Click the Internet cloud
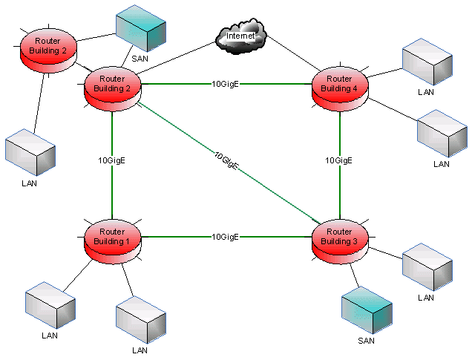click(x=242, y=37)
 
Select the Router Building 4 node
click(x=340, y=85)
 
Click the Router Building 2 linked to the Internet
click(x=112, y=85)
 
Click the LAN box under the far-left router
click(x=30, y=152)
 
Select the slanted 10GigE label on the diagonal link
click(x=226, y=161)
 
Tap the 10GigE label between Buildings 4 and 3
click(x=340, y=160)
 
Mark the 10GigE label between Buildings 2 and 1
click(x=111, y=160)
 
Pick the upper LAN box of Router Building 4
click(x=426, y=65)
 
